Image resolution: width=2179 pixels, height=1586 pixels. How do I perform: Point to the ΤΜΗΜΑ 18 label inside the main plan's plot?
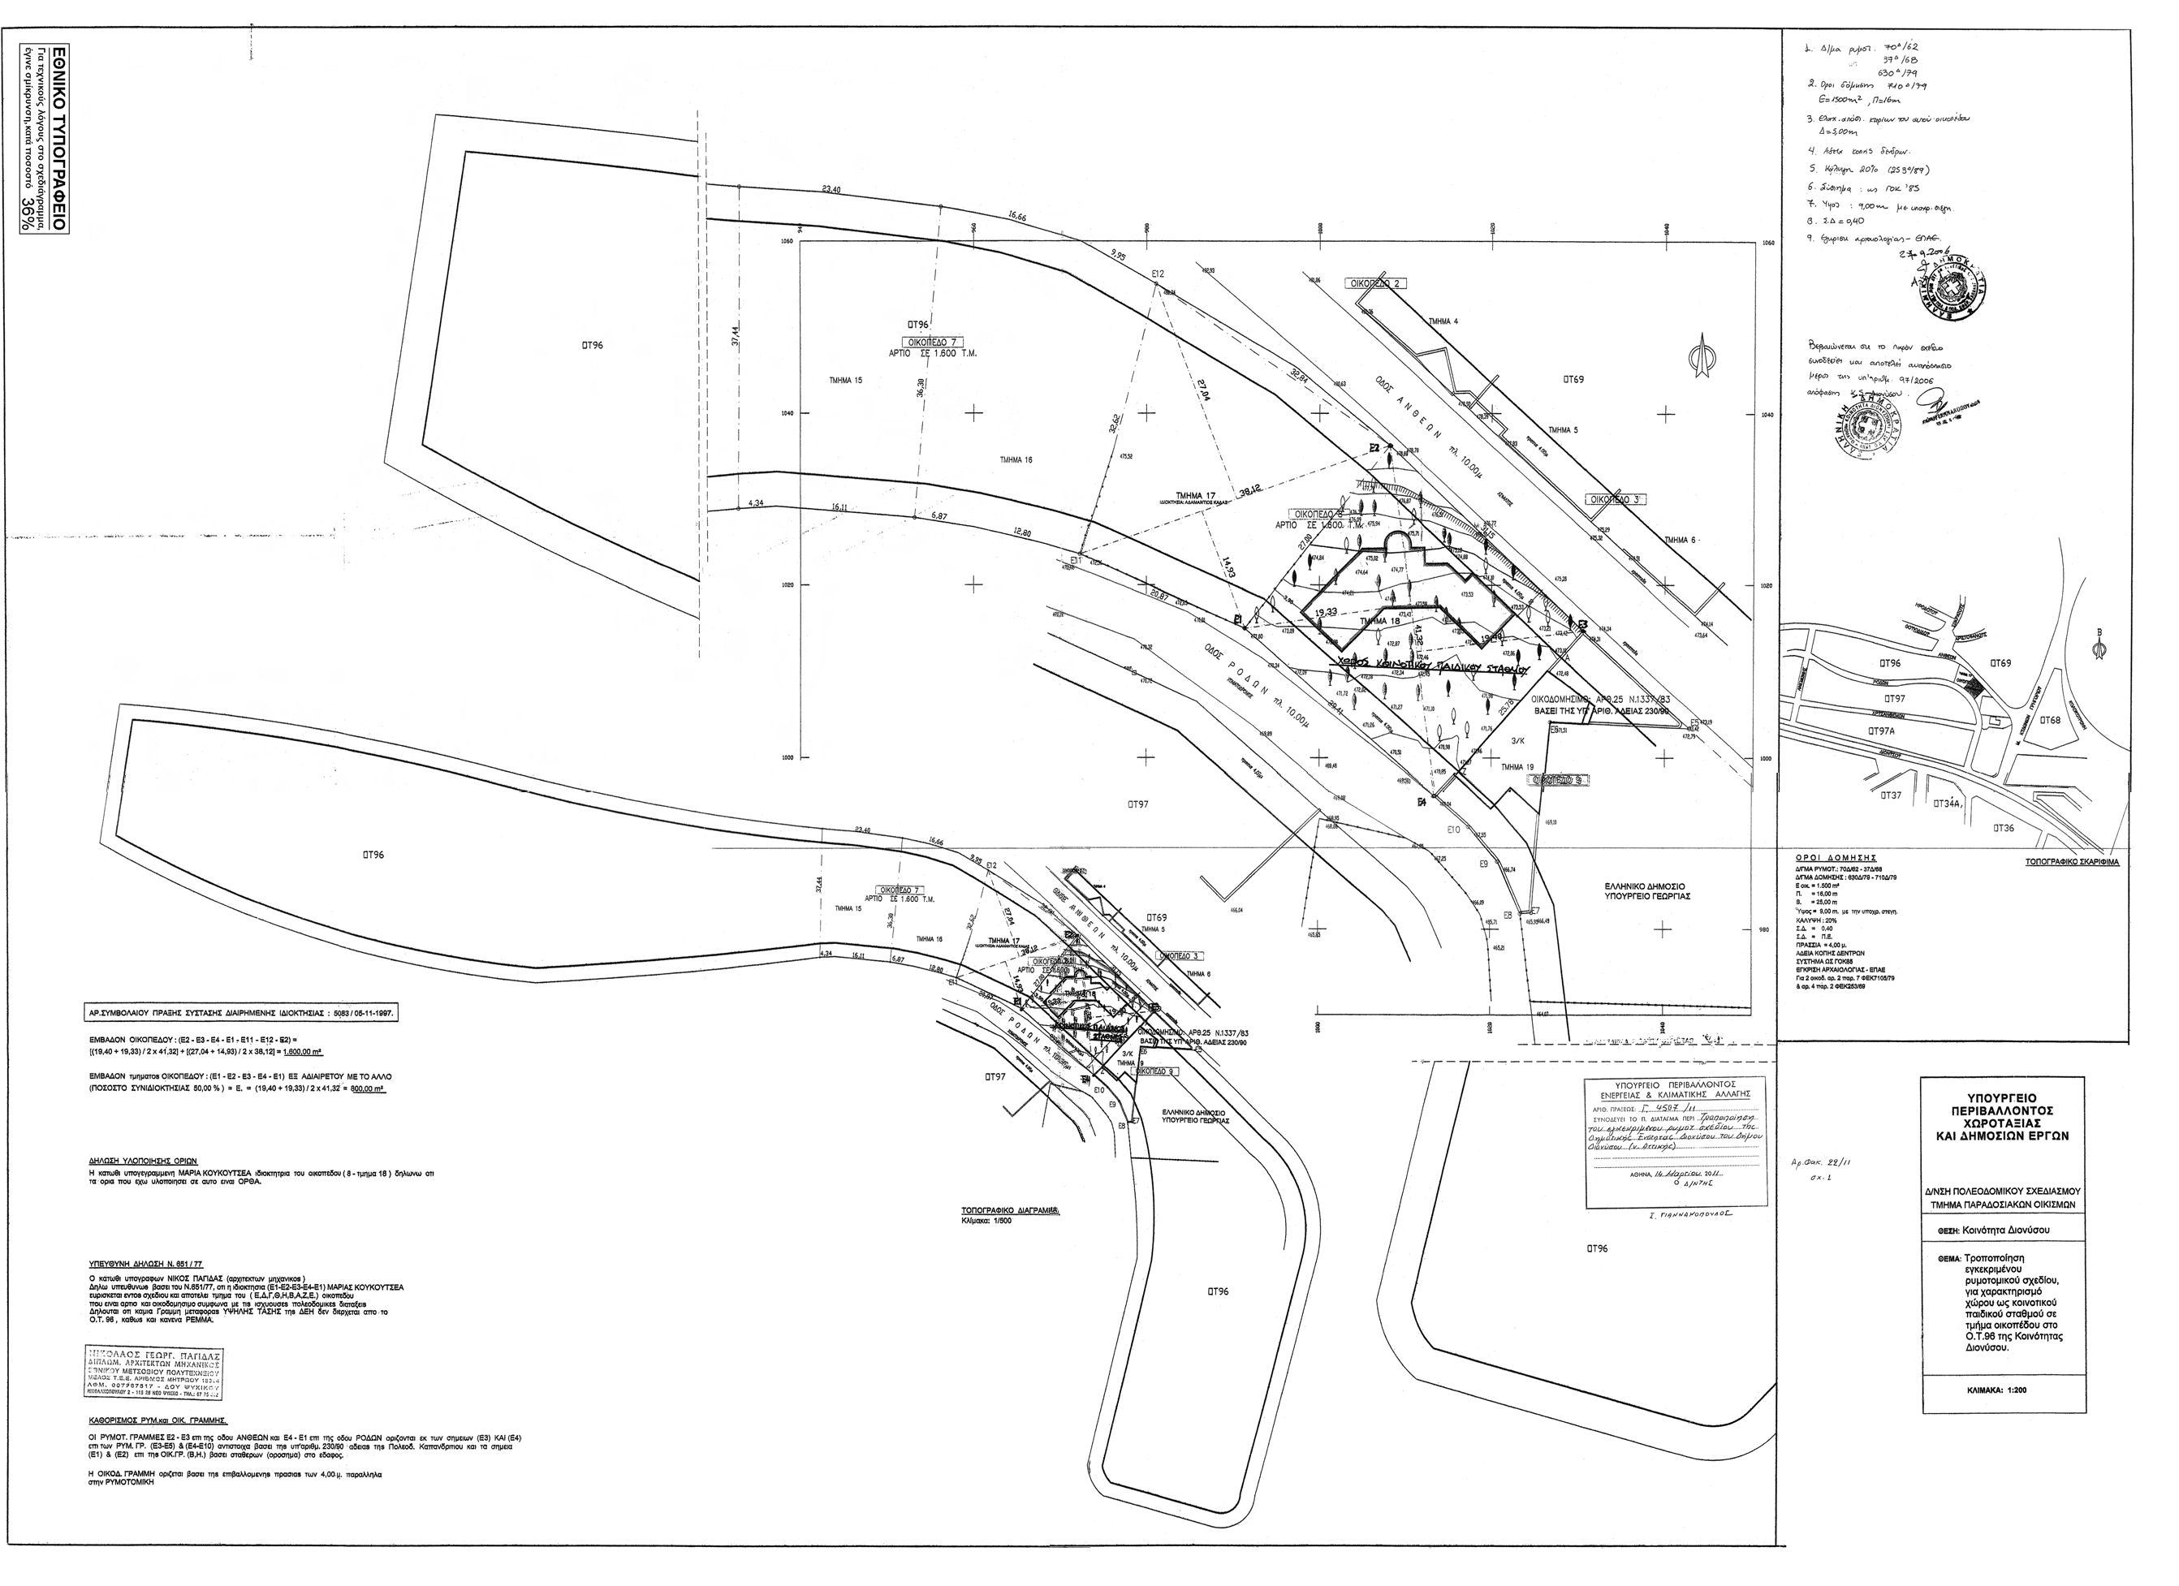(1379, 622)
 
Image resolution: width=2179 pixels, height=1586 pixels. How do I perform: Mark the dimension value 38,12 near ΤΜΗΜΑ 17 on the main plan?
(1249, 492)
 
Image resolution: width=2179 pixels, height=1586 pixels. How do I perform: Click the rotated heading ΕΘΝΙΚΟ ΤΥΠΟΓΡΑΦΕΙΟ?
(58, 135)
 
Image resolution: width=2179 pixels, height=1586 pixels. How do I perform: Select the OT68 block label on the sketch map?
(2048, 721)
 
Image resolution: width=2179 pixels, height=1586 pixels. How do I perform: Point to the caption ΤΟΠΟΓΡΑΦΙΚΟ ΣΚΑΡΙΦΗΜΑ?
(2070, 863)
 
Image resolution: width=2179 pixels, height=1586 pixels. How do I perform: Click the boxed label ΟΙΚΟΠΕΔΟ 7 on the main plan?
(928, 342)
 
